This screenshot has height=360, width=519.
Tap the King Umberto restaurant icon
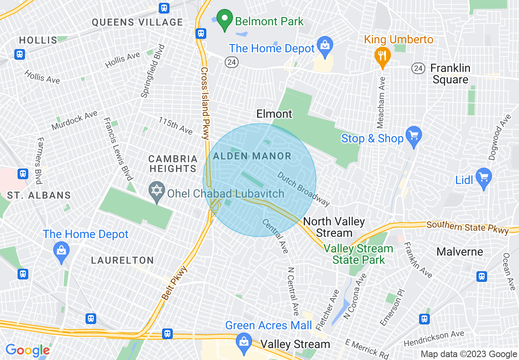point(382,55)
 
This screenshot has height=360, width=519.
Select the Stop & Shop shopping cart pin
point(414,135)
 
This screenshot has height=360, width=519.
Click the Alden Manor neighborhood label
point(252,156)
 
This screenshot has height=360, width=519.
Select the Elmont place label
point(274,114)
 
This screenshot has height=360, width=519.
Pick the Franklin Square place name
point(450,74)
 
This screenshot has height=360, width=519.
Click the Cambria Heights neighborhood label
point(173,164)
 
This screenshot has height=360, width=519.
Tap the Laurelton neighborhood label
point(122,260)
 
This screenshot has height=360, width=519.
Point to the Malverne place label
point(460,252)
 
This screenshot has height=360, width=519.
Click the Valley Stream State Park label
point(359,254)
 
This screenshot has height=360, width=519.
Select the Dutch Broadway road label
point(303,188)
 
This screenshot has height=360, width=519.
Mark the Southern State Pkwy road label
point(467,227)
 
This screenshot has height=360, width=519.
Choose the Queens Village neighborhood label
point(137,22)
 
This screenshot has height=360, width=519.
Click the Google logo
point(27,350)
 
